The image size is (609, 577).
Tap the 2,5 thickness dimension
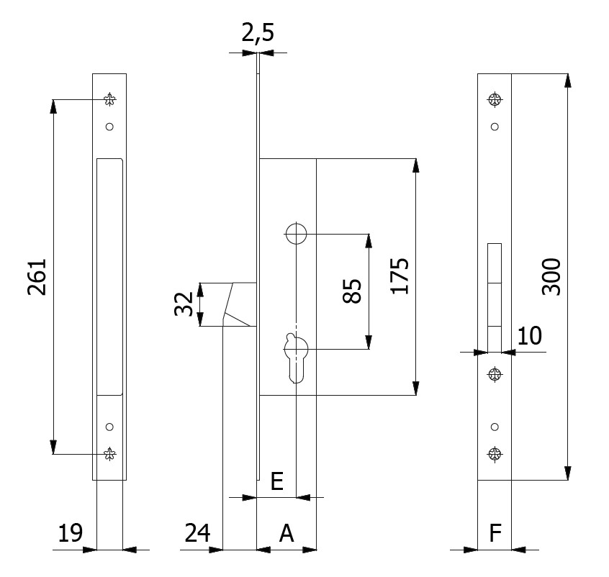coord(257,33)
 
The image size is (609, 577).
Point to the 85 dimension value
coord(351,291)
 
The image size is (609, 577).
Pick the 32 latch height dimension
coord(184,304)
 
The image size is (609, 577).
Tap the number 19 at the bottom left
coord(71,533)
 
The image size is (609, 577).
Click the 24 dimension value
coord(197,533)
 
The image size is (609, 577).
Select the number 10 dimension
coord(528,335)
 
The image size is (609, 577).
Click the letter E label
coord(276,481)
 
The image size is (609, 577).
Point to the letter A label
coord(286,533)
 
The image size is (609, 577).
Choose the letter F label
coord(495,533)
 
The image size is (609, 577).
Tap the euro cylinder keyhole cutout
coord(296,356)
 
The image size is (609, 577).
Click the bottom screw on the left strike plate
coord(109,453)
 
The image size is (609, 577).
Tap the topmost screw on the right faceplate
coord(494,99)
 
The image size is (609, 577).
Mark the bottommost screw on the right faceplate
coord(494,453)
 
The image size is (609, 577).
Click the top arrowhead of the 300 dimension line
coord(568,81)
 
